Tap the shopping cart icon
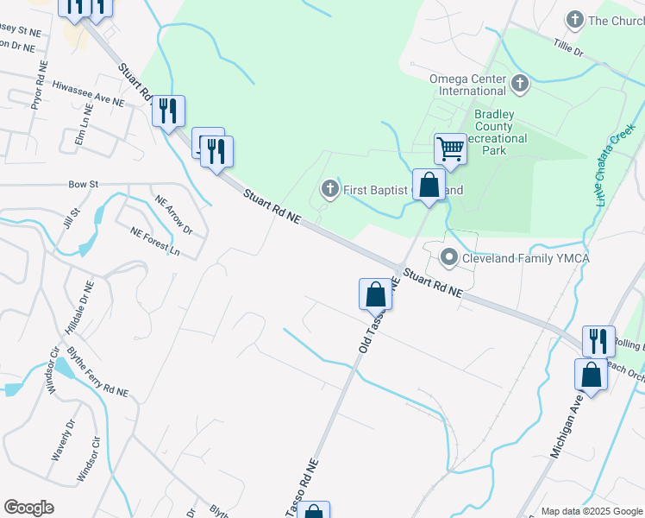pos(450,149)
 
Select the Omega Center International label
pos(468,84)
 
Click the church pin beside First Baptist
pos(329,189)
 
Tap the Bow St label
pos(85,184)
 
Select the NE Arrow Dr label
pos(172,216)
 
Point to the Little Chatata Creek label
pos(615,161)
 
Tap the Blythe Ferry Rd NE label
pos(97,378)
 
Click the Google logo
pos(28,508)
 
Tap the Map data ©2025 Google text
pos(592,511)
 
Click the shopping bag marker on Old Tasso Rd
pos(375,294)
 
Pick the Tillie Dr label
pos(569,47)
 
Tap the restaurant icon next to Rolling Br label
pos(598,341)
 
